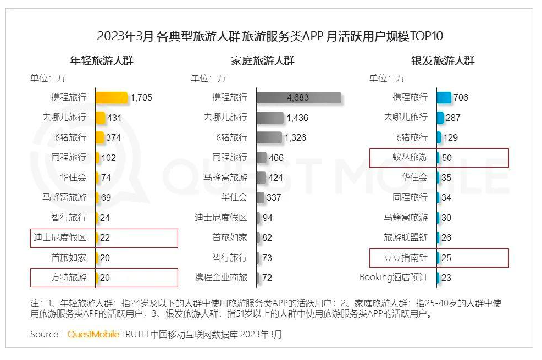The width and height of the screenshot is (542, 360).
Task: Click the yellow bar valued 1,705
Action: coord(112,98)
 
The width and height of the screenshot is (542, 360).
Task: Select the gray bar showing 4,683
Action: coord(298,98)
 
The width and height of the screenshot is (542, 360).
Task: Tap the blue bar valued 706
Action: coord(444,98)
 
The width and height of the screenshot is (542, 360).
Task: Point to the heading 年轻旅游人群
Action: coord(102,60)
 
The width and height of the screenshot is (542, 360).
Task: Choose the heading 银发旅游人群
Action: coord(443,60)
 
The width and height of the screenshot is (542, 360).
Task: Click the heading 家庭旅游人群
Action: coord(263,60)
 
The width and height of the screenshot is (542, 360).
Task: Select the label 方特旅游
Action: coord(69,278)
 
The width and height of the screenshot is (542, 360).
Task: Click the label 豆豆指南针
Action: coord(406,257)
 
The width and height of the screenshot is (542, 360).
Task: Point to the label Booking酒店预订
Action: coord(393,278)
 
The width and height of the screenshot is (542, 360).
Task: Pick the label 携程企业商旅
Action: coord(221,278)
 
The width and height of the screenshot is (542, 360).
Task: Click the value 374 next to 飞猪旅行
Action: coord(114,137)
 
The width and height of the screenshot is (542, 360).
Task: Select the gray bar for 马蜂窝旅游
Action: coord(261,178)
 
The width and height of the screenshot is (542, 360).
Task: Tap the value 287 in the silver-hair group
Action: coord(453,118)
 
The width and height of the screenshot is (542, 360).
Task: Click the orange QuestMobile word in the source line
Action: coord(93,334)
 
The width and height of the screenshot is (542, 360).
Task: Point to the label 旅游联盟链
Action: coord(406,237)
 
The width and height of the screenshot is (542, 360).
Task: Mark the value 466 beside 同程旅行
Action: coord(276,158)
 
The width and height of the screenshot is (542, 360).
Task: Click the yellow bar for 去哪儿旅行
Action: coord(100,118)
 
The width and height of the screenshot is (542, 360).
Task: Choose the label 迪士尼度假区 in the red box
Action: coord(60,237)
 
